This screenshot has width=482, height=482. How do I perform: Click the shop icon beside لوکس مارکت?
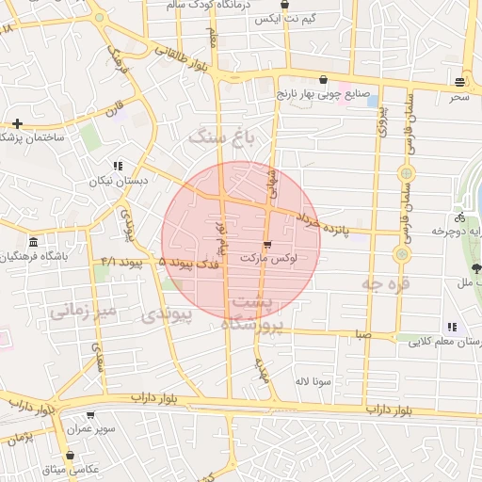click(x=268, y=245)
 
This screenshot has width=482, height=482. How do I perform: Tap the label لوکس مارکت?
click(x=269, y=257)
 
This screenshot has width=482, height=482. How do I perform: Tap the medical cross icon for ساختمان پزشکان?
click(x=17, y=123)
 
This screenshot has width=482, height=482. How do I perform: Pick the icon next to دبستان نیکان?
click(x=118, y=165)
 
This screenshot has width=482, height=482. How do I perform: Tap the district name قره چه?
click(x=386, y=281)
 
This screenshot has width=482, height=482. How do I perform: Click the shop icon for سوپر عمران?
click(x=90, y=415)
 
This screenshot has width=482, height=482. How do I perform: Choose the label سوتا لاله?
click(x=313, y=381)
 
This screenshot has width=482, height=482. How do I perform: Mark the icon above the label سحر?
click(x=458, y=81)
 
